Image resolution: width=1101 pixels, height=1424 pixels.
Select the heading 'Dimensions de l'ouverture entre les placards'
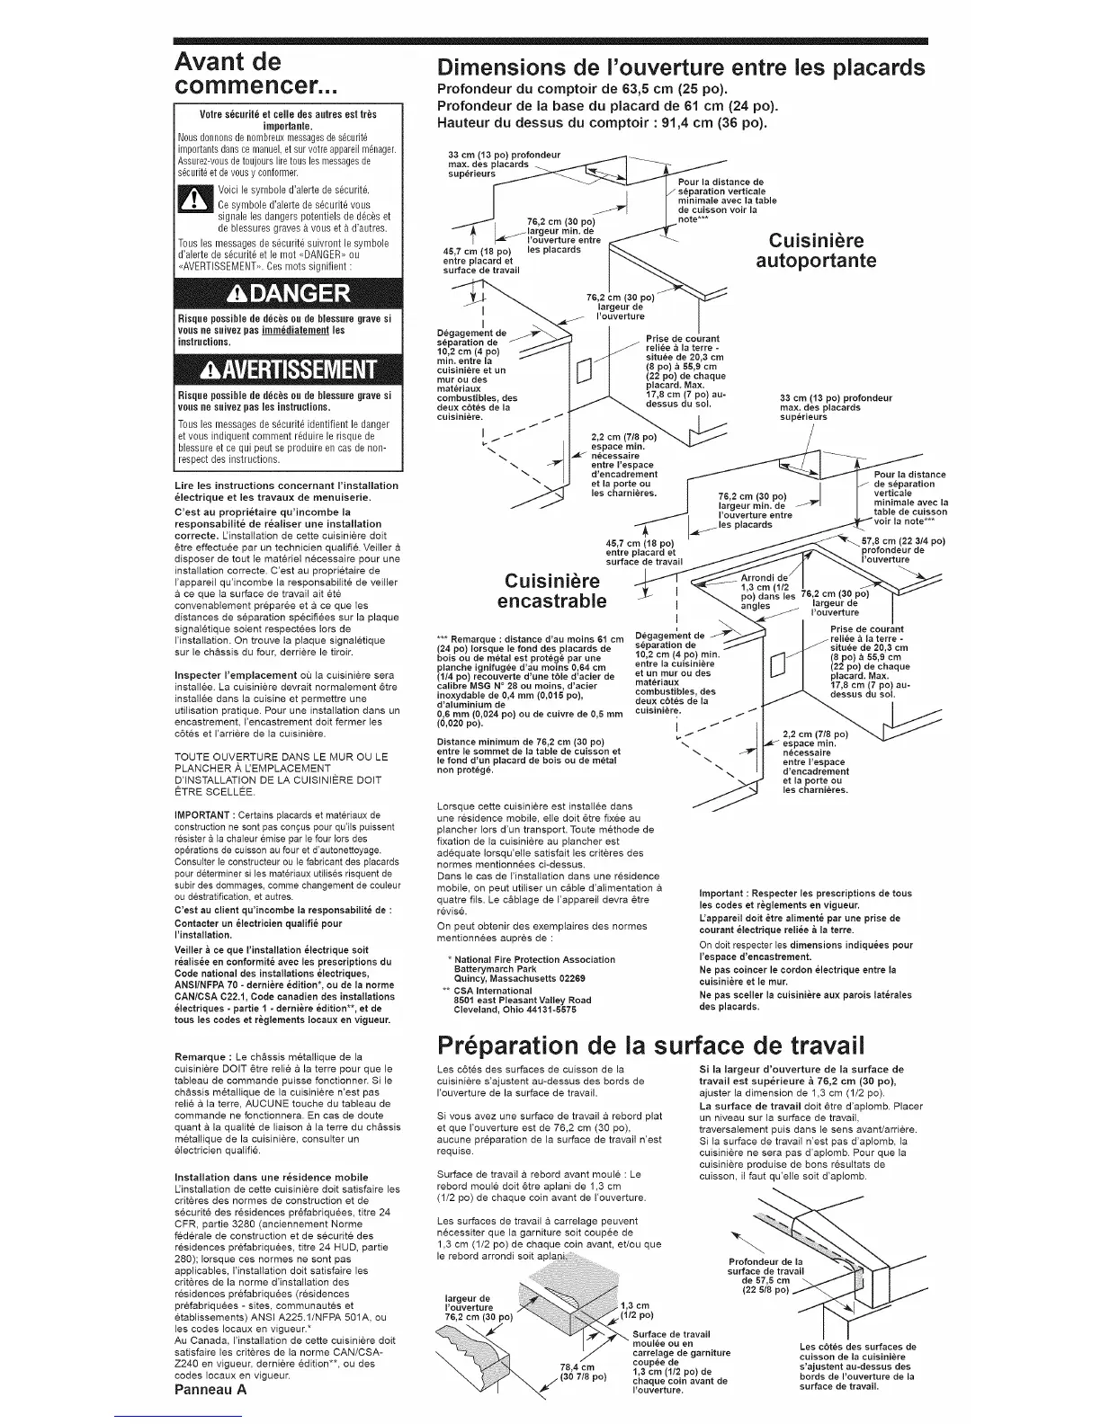coord(680,68)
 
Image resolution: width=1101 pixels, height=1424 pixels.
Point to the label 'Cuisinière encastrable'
coord(551,588)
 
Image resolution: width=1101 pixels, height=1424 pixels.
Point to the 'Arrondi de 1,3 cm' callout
coord(763,591)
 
